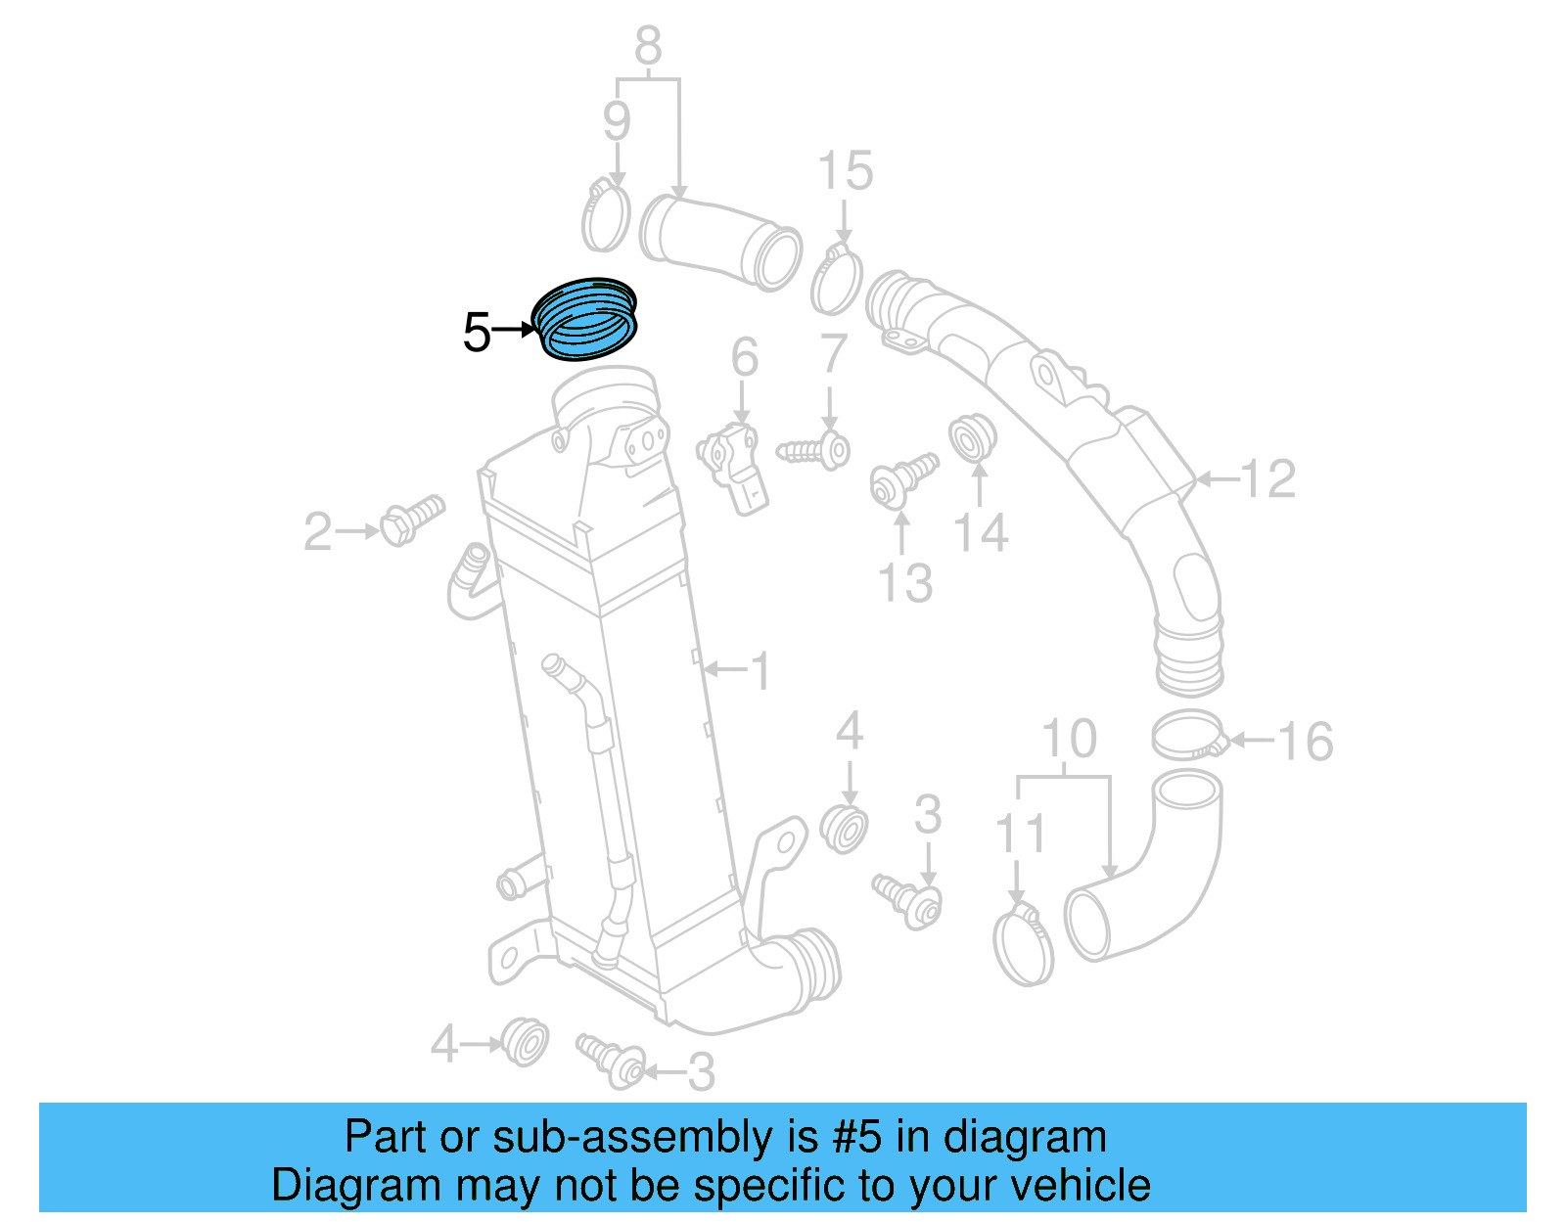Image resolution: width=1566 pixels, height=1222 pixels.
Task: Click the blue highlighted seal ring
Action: click(x=584, y=319)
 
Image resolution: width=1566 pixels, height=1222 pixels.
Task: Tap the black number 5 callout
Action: click(x=477, y=333)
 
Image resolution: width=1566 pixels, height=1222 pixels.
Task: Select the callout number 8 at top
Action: click(x=648, y=45)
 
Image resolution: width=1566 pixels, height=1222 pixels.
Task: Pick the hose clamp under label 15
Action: click(x=837, y=279)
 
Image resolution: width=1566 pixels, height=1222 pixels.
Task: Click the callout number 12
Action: click(x=1268, y=478)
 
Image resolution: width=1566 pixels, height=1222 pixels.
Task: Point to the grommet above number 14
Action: click(x=973, y=437)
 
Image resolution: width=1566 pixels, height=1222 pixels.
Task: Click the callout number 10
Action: click(x=1070, y=738)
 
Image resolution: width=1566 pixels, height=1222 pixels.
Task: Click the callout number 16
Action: click(x=1305, y=742)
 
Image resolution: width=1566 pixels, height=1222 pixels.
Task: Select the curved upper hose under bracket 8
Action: click(x=720, y=242)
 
